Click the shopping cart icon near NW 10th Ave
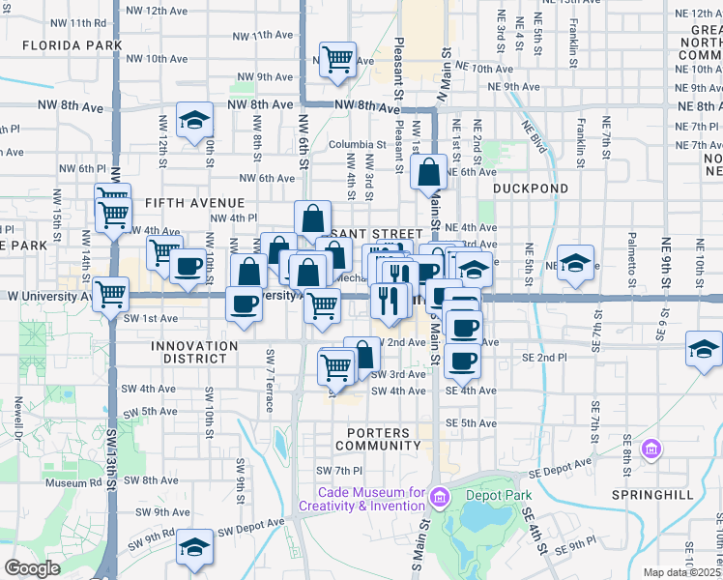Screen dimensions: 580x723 (x=338, y=59)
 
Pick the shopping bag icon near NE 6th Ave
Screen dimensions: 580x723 (x=428, y=173)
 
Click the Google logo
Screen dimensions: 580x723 (x=32, y=568)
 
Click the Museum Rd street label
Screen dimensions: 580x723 (x=67, y=482)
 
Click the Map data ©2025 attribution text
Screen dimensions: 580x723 (x=681, y=572)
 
